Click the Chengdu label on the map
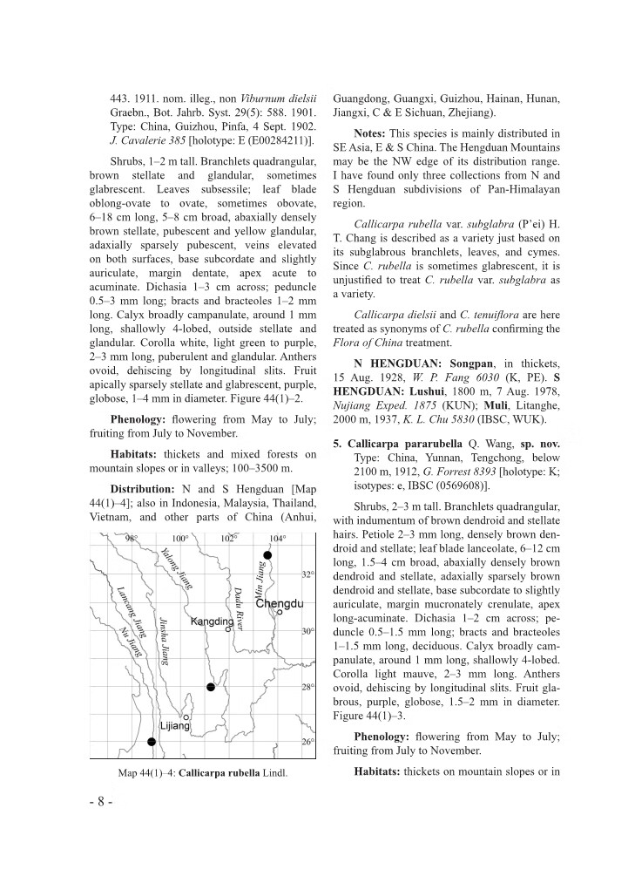(279, 604)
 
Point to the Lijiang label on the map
(175, 725)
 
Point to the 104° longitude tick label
(277, 538)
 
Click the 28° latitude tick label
(307, 688)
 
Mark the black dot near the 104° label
(268, 554)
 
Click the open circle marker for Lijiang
(186, 716)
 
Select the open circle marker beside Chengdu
(279, 613)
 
